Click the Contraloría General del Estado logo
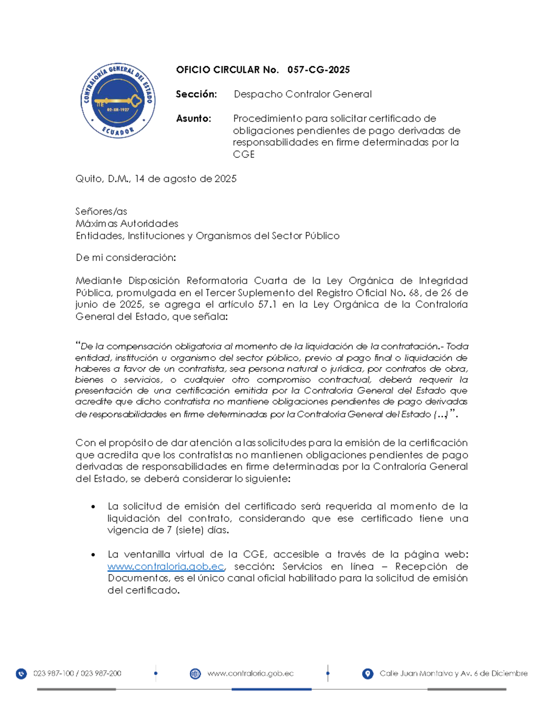pyautogui.click(x=118, y=100)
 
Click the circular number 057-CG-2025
pyautogui.click(x=318, y=70)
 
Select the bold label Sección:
pyautogui.click(x=196, y=94)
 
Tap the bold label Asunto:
pyautogui.click(x=194, y=119)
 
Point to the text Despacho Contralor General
pyautogui.click(x=302, y=94)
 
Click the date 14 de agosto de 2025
pyautogui.click(x=185, y=179)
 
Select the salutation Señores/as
pyautogui.click(x=101, y=212)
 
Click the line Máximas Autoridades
pyautogui.click(x=127, y=224)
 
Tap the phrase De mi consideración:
pyautogui.click(x=126, y=258)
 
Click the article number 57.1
pyautogui.click(x=267, y=305)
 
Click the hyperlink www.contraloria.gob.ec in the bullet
pyautogui.click(x=166, y=567)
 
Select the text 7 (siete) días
pyautogui.click(x=198, y=530)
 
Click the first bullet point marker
pyautogui.click(x=93, y=507)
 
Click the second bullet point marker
pyautogui.click(x=93, y=555)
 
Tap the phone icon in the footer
pyautogui.click(x=21, y=674)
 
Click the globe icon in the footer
pyautogui.click(x=195, y=674)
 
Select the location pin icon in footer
pyautogui.click(x=368, y=674)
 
